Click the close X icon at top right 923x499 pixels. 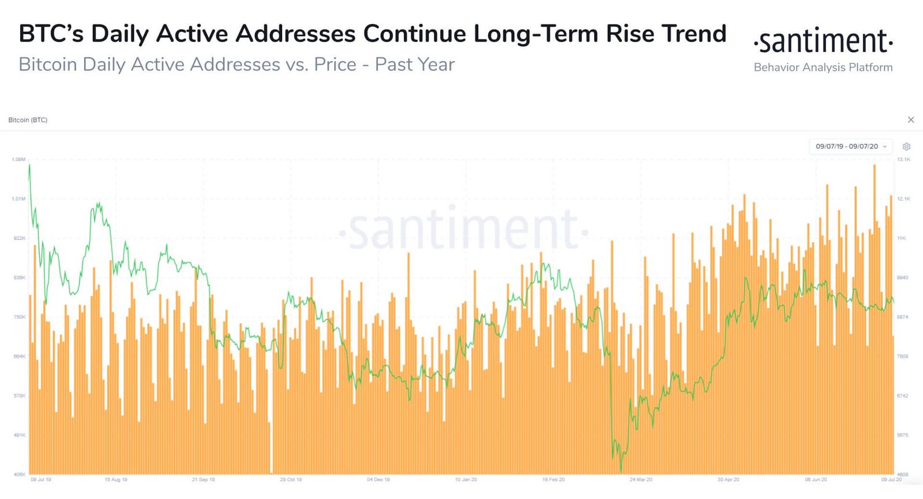tap(911, 120)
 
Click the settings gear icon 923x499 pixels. tap(906, 147)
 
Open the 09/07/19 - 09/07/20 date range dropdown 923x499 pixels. tap(851, 147)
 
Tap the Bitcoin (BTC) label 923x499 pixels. tap(28, 120)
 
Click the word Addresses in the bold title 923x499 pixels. tap(295, 34)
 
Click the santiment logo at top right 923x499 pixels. tap(823, 41)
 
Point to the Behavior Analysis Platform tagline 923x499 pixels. tap(823, 67)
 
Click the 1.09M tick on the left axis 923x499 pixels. tap(18, 159)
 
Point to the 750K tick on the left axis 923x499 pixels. tap(19, 317)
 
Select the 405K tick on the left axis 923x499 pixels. tap(19, 474)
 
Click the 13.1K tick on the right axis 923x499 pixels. tap(903, 159)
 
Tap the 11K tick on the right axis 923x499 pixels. tap(902, 238)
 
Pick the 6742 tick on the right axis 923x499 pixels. tap(902, 396)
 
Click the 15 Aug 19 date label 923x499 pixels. tap(116, 479)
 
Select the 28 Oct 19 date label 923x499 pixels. tap(291, 479)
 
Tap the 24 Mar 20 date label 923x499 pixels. tap(641, 479)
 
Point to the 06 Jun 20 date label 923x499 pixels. tap(816, 479)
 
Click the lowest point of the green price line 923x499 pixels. tap(621, 471)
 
